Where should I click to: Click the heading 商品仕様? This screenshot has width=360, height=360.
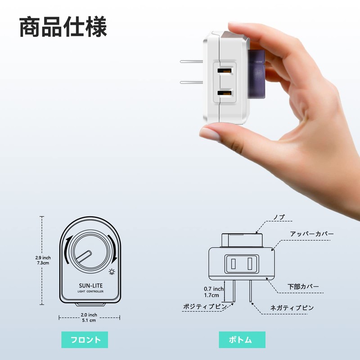63,27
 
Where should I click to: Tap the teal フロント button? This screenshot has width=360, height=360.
85,340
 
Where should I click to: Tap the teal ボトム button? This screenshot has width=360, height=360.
242,340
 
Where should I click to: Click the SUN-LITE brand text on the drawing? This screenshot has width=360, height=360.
91,286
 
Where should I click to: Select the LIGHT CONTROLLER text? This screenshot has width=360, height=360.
90,291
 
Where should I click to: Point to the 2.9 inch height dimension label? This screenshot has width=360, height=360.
43,260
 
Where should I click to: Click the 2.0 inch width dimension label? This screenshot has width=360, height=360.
89,317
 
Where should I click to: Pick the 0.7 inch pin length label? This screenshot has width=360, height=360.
213,292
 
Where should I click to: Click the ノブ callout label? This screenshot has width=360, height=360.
279,217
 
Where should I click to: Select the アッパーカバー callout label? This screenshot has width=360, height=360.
311,234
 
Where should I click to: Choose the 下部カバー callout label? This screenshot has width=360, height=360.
303,287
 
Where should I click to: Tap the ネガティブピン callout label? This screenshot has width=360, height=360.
292,308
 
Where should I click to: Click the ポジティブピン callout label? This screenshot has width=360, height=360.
205,306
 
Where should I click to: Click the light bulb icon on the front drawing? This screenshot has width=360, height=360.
112,272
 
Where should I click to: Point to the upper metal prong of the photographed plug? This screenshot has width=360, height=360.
192,62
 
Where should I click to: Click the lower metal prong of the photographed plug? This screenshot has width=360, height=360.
192,82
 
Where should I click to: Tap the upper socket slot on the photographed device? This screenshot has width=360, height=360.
225,71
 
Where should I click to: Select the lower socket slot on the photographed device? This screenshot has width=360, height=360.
225,93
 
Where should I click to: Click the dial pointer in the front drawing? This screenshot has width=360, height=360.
83,257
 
